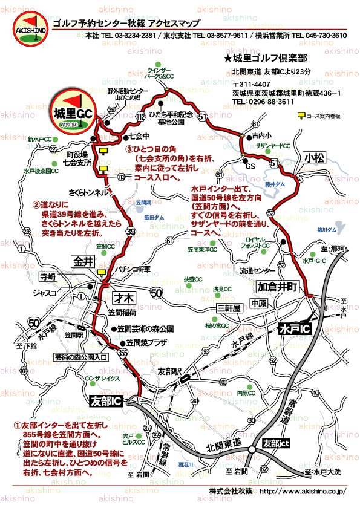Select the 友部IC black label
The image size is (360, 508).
tap(106, 401)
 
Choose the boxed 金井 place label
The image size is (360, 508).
tap(83, 262)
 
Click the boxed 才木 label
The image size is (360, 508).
tap(126, 297)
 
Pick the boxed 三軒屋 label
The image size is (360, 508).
tap(228, 308)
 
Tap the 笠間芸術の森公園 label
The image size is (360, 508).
tap(146, 329)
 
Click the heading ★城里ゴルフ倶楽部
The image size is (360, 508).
tap(265, 59)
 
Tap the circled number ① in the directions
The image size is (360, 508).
tap(18, 425)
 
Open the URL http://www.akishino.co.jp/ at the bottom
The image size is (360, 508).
tap(302, 491)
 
